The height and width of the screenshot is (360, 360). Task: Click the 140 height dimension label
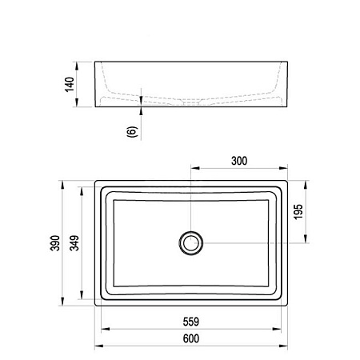pyautogui.click(x=70, y=85)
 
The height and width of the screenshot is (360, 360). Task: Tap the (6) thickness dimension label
pyautogui.click(x=132, y=132)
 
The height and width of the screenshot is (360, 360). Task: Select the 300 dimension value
pyautogui.click(x=239, y=161)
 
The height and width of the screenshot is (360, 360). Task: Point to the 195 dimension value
pyautogui.click(x=298, y=212)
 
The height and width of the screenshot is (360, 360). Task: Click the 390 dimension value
pyautogui.click(x=55, y=243)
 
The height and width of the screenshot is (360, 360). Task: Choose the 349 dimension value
pyautogui.click(x=74, y=243)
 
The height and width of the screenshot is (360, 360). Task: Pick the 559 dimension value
pyautogui.click(x=191, y=322)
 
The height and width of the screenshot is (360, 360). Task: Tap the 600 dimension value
pyautogui.click(x=191, y=338)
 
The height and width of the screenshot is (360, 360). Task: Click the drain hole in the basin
pyautogui.click(x=191, y=243)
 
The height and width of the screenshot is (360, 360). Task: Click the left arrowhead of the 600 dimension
pyautogui.click(x=99, y=346)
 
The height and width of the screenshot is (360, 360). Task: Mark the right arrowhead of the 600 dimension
pyautogui.click(x=283, y=346)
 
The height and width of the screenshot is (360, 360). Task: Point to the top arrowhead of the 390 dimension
pyautogui.click(x=62, y=185)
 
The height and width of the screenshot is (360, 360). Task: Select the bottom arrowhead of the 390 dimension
pyautogui.click(x=62, y=302)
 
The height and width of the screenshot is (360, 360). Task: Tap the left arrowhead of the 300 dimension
pyautogui.click(x=195, y=168)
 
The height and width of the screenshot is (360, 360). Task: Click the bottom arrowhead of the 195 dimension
pyautogui.click(x=306, y=238)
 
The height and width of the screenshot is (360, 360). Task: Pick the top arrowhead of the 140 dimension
pyautogui.click(x=77, y=66)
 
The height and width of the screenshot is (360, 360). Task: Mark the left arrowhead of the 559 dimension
pyautogui.click(x=106, y=329)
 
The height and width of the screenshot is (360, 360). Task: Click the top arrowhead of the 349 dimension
pyautogui.click(x=82, y=191)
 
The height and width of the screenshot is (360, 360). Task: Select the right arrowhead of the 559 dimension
pyautogui.click(x=277, y=329)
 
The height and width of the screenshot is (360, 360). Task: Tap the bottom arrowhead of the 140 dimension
pyautogui.click(x=77, y=102)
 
